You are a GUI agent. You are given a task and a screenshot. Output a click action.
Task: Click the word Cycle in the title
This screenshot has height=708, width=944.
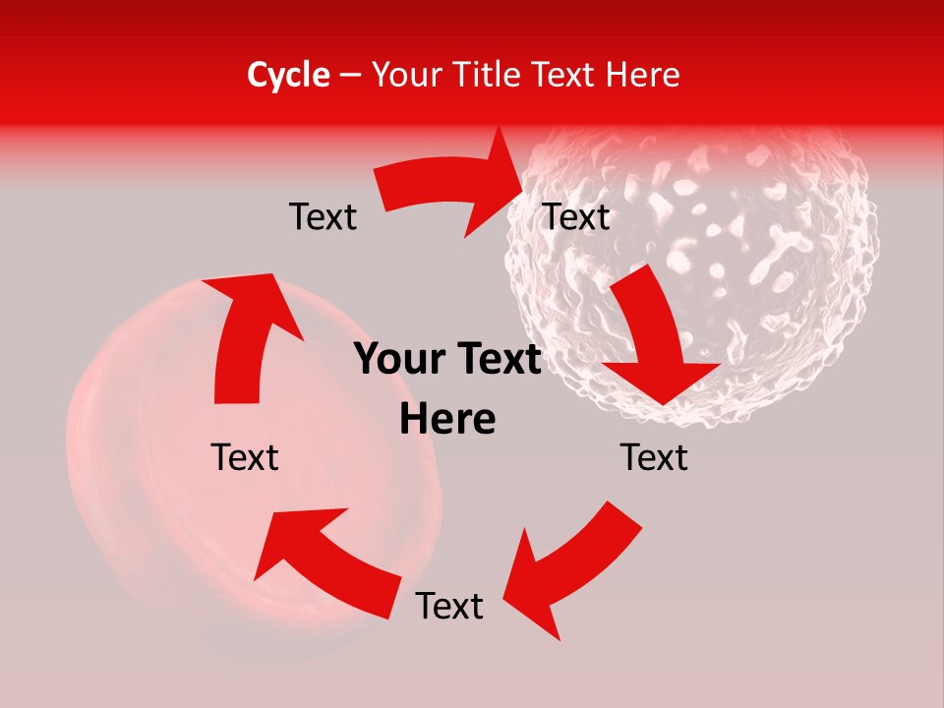point(288,75)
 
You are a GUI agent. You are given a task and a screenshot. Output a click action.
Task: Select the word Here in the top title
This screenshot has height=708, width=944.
point(643,75)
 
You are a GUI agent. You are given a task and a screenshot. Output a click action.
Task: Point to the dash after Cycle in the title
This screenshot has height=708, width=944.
point(350,76)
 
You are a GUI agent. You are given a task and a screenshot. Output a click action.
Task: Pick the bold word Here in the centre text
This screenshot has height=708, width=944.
point(447,420)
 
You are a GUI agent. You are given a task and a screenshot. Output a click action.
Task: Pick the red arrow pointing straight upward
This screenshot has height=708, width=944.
point(246,334)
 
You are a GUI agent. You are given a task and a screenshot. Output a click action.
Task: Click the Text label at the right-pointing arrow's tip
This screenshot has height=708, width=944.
point(576,216)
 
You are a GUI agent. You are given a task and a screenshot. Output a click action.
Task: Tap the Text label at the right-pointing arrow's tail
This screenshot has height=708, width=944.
point(323,216)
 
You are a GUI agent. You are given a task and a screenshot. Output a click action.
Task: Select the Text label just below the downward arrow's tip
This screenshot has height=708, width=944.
point(654,457)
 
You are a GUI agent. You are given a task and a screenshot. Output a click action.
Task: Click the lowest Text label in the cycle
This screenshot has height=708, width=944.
point(449,606)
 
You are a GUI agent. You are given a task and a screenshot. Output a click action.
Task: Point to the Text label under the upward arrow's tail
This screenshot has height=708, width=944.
point(245,457)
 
